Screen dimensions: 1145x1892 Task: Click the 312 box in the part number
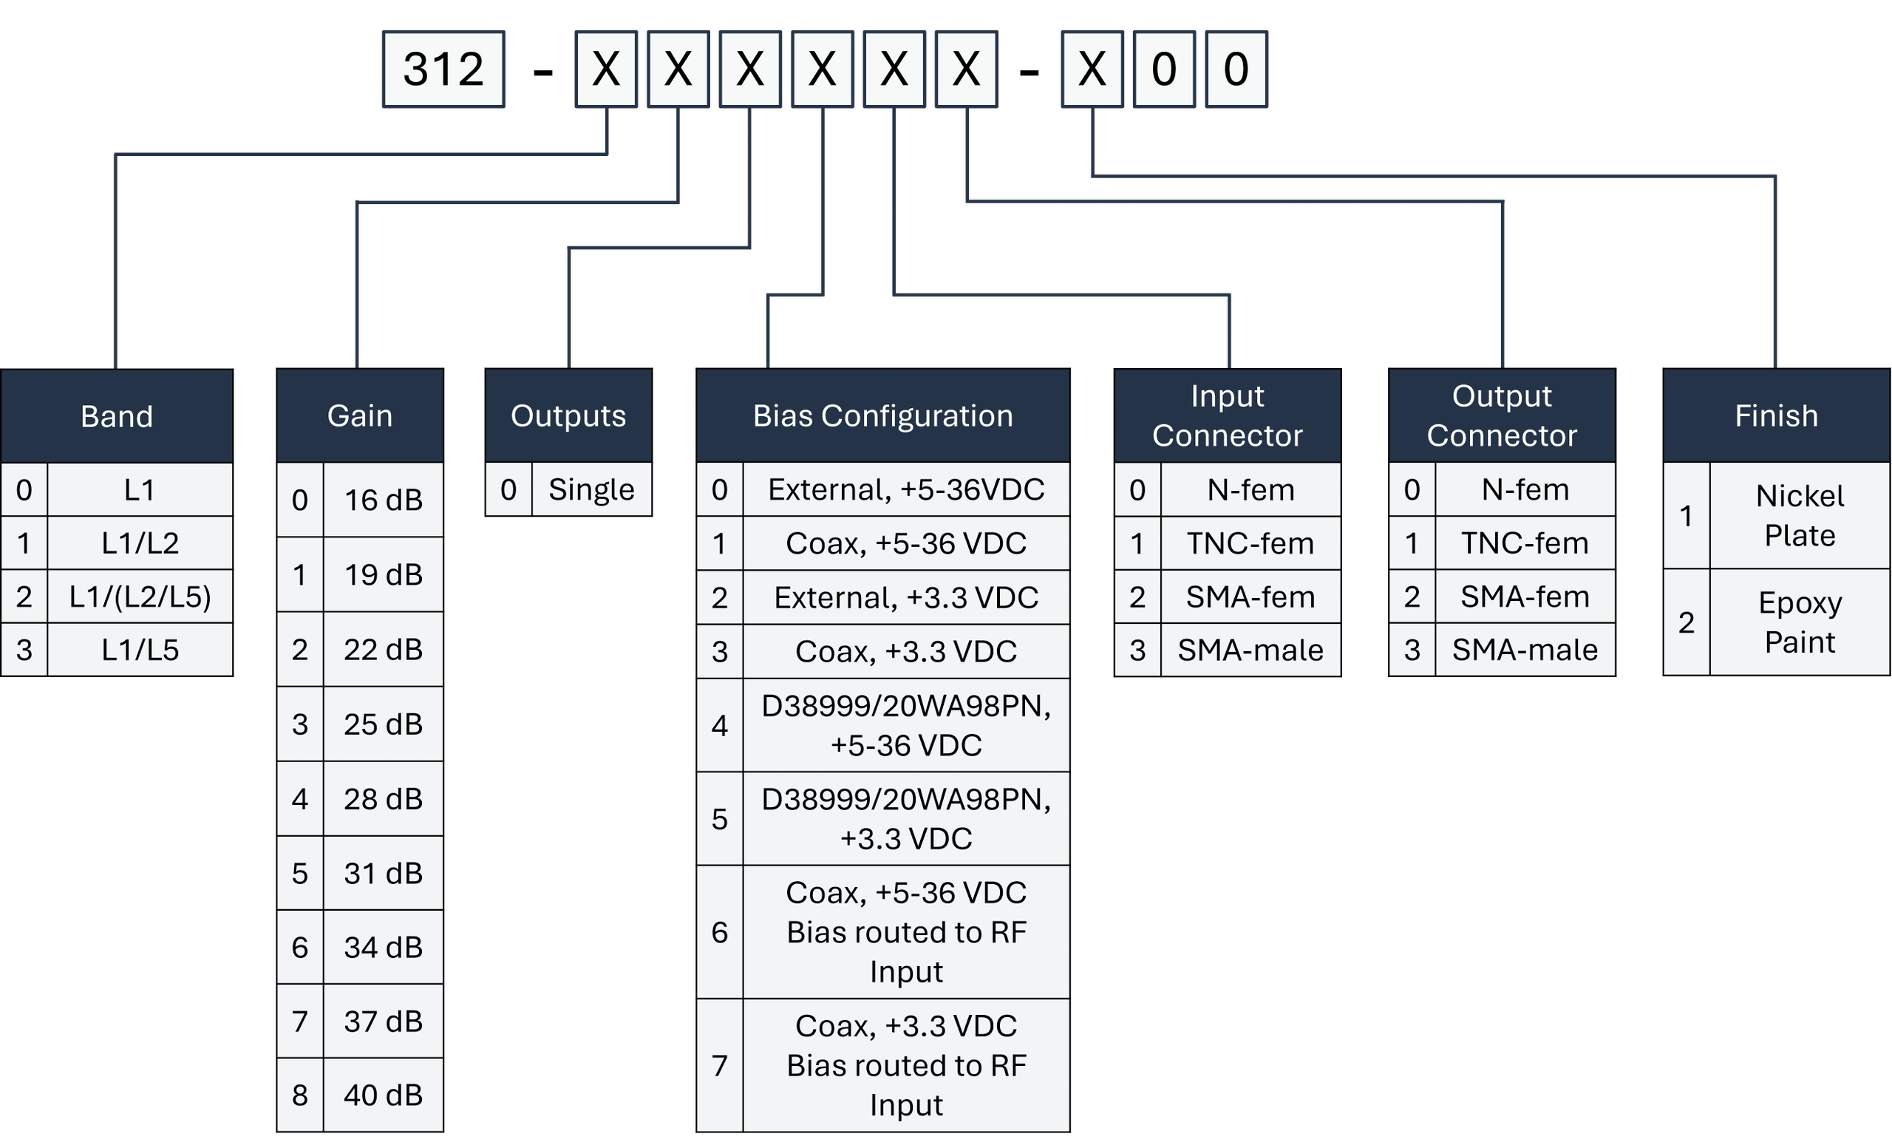point(444,69)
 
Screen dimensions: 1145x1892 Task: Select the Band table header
point(117,415)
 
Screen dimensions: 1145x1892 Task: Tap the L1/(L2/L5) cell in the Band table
point(139,597)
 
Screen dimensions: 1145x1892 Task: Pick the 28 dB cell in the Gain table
point(382,798)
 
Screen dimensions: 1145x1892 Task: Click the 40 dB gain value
point(382,1094)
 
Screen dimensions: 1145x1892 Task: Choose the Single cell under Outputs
point(591,489)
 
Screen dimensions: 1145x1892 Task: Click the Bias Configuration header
point(882,415)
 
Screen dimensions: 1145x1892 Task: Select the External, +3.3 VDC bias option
point(905,597)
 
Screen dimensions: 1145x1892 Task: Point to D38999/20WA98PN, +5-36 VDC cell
point(905,725)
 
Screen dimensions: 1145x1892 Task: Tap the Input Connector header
point(1227,415)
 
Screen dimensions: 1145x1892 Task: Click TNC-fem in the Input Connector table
point(1250,543)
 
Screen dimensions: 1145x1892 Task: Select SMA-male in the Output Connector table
point(1524,650)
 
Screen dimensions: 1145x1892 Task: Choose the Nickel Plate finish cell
point(1799,515)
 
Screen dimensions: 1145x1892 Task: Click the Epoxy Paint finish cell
point(1799,622)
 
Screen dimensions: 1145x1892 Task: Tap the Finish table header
point(1776,415)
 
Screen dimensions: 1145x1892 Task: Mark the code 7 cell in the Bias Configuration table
point(720,1065)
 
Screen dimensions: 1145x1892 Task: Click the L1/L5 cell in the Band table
point(139,650)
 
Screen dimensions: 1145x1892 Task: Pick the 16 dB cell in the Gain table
point(382,500)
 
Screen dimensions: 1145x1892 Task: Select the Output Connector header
point(1501,415)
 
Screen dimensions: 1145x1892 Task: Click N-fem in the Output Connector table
point(1524,489)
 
